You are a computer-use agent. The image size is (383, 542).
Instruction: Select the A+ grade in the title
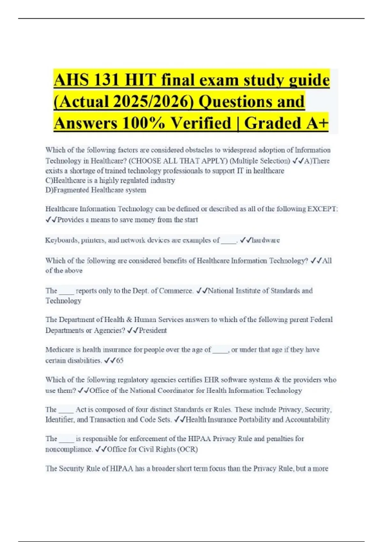tap(317, 123)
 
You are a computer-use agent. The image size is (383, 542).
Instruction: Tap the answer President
tap(153, 330)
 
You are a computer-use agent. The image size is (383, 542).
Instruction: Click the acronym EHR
tap(212, 380)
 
